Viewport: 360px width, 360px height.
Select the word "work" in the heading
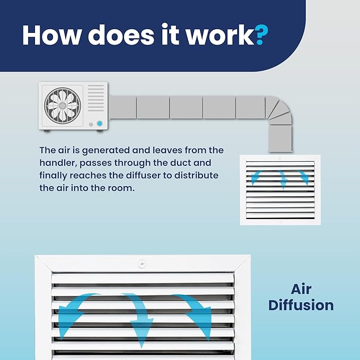(220, 35)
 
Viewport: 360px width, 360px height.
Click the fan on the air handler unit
(63, 106)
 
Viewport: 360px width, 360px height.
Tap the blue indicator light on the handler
(100, 124)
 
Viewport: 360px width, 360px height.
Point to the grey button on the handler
(91, 125)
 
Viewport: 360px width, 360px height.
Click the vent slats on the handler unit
(96, 98)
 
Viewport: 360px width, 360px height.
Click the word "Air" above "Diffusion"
(301, 289)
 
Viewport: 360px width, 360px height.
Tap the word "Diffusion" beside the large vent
(301, 305)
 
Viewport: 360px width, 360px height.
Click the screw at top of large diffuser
(142, 264)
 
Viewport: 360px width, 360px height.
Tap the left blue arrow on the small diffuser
(257, 177)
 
